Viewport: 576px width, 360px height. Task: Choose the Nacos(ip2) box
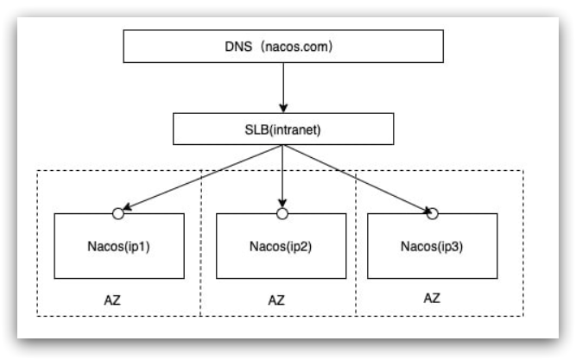point(281,246)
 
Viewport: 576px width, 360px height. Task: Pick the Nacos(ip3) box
point(433,246)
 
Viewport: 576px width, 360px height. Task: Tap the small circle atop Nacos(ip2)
point(282,211)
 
